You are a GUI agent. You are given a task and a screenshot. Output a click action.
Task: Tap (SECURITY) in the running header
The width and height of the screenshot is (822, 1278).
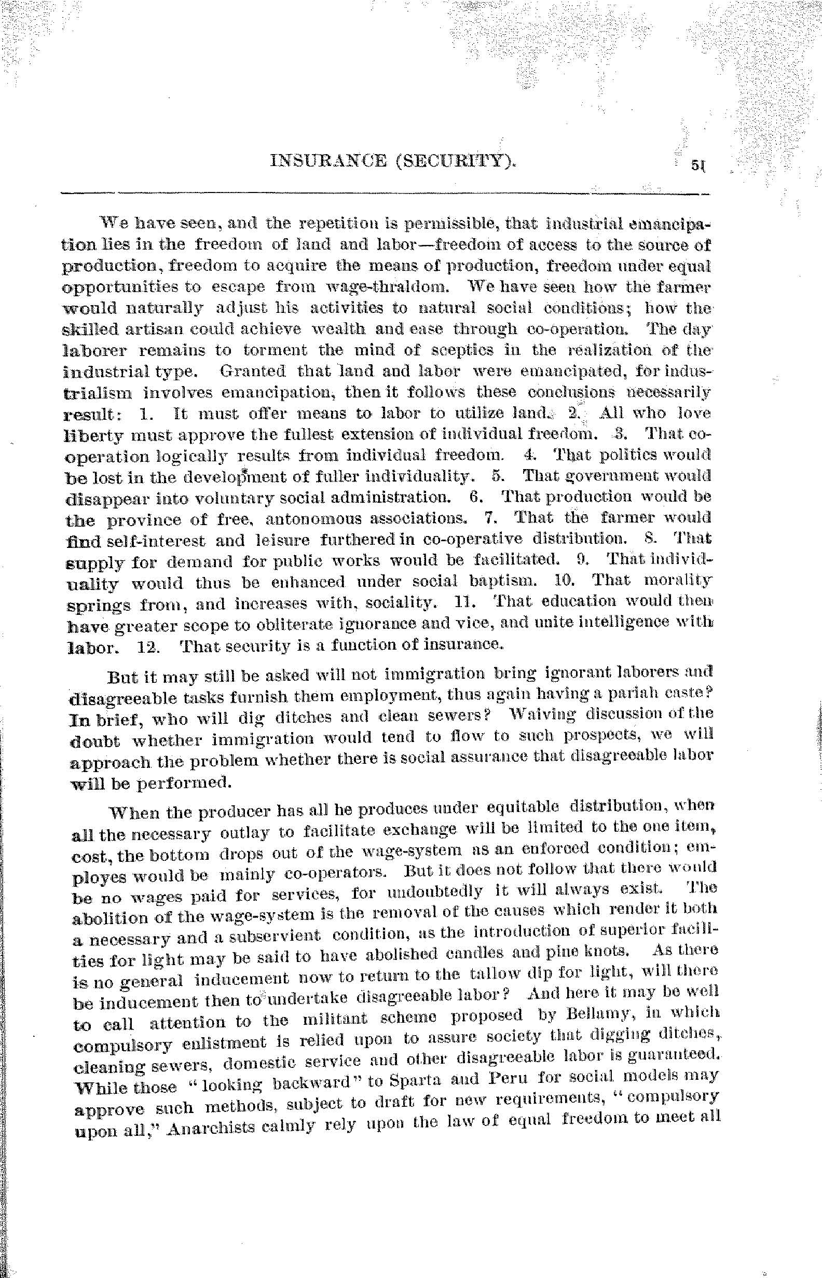455,160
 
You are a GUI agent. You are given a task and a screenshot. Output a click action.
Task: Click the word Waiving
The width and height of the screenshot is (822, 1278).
542,714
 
